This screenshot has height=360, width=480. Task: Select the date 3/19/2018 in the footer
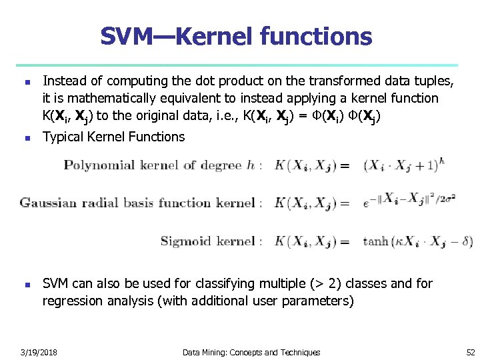38,352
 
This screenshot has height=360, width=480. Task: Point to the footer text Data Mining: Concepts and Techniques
251,352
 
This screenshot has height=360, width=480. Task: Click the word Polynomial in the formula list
95,165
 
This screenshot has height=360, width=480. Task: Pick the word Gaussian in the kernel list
47,203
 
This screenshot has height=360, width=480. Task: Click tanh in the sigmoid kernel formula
375,241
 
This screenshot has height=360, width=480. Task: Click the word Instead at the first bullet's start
65,81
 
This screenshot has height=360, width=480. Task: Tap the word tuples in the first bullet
437,81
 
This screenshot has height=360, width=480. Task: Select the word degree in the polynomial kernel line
223,165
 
